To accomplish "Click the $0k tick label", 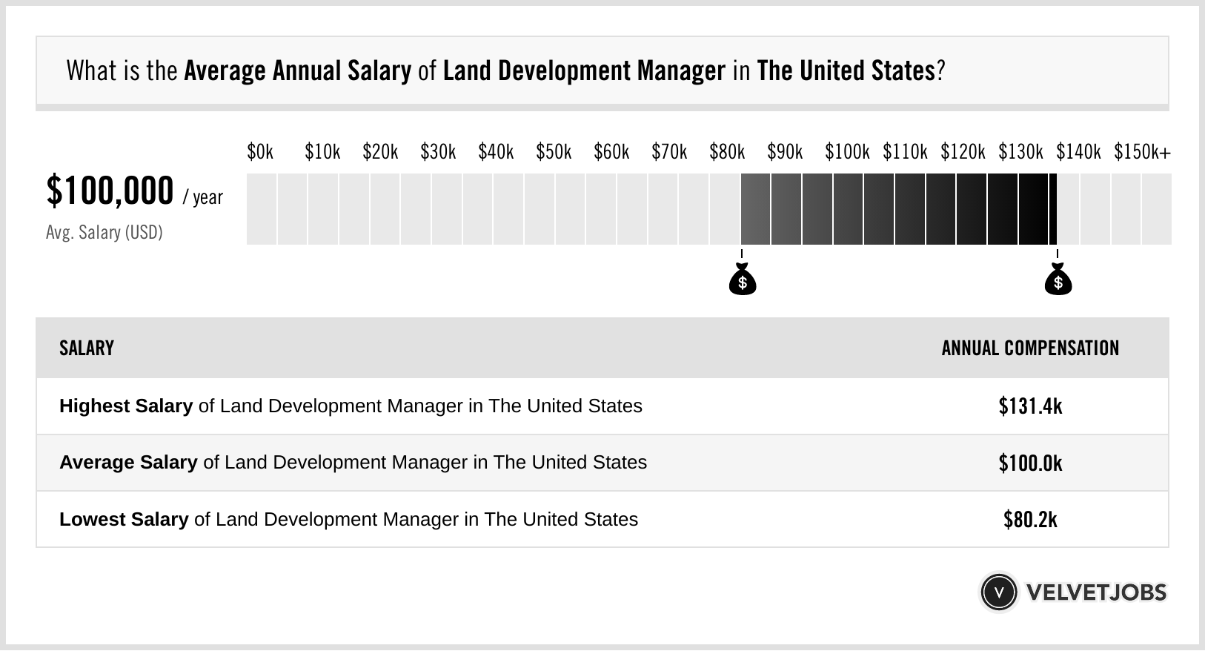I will [260, 152].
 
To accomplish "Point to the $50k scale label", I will [554, 152].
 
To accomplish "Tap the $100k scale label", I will [847, 152].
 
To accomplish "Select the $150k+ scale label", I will [1142, 152].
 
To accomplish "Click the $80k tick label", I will [727, 152].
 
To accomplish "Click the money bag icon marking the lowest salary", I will [743, 280].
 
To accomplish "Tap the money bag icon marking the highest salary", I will [1058, 280].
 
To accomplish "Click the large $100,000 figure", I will [110, 191].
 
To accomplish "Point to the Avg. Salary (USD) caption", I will [104, 233].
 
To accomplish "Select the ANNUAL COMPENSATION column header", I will [1030, 348].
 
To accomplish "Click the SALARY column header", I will [87, 348].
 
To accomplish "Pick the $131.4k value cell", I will [1030, 406].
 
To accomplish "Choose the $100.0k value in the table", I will [1030, 463].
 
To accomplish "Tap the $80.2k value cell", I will [1030, 520].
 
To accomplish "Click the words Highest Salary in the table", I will [126, 406].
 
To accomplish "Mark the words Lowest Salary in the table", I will [124, 520].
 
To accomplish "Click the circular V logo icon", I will [999, 592].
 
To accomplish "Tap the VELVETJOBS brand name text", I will [1096, 592].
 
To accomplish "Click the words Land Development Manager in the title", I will [584, 71].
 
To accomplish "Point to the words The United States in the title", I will [846, 71].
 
